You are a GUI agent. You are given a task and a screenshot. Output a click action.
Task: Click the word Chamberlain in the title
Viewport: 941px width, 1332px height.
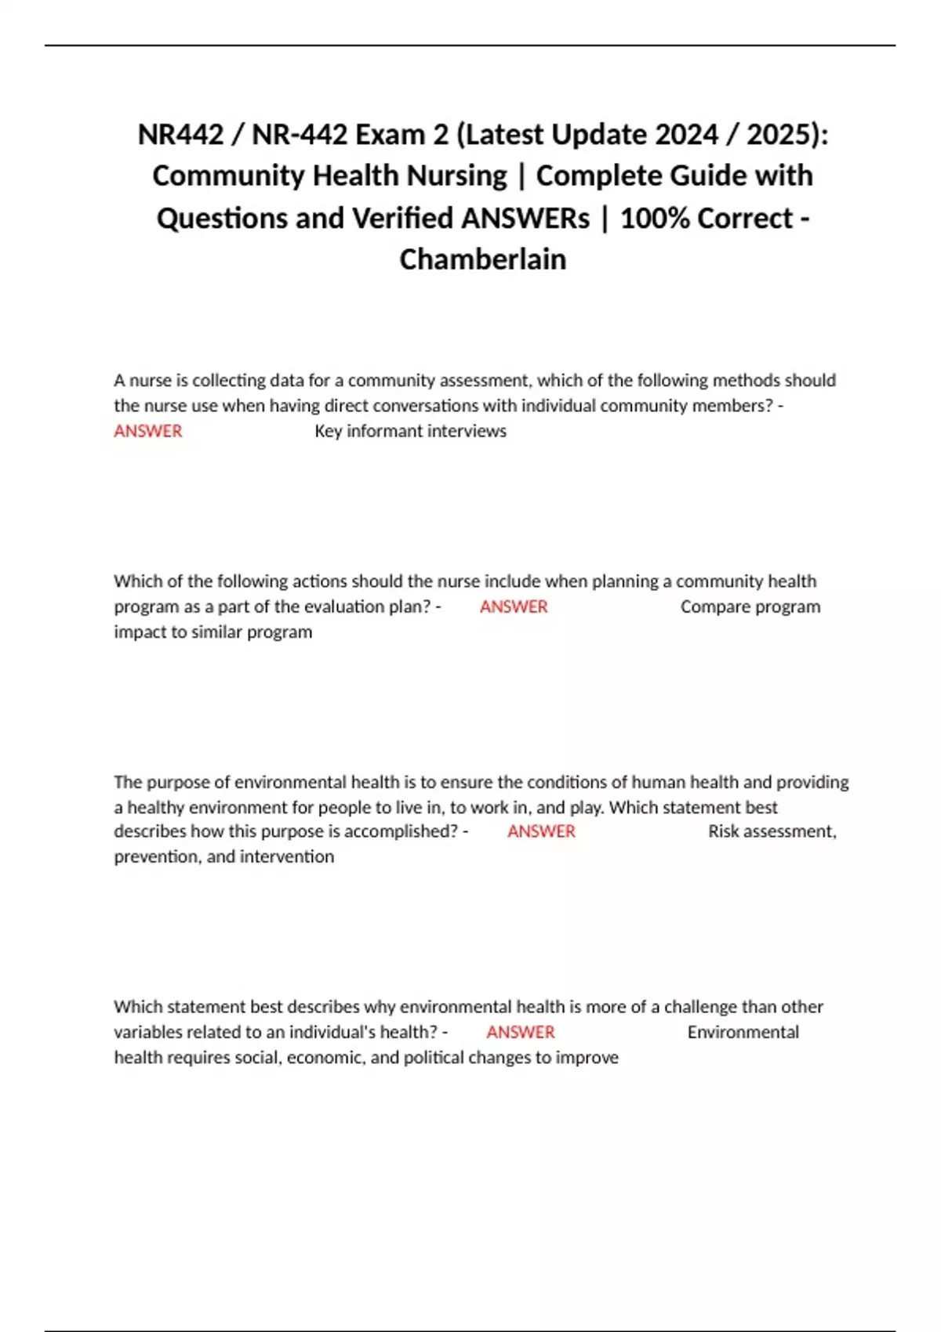pyautogui.click(x=482, y=259)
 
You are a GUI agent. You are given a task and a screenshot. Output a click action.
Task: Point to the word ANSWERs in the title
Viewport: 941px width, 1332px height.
pyautogui.click(x=525, y=218)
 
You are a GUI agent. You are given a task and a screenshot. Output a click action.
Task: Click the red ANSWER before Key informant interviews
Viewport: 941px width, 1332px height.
pyautogui.click(x=147, y=431)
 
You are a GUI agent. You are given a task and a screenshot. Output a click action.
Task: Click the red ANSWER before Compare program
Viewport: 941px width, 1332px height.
pyautogui.click(x=514, y=606)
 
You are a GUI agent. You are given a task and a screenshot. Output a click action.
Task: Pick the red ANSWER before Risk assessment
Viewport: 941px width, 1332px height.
pyautogui.click(x=541, y=831)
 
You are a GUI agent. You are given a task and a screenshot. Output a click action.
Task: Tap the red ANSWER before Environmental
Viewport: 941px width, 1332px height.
pyautogui.click(x=520, y=1032)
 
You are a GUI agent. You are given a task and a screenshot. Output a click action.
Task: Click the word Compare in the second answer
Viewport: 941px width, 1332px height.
pyautogui.click(x=710, y=606)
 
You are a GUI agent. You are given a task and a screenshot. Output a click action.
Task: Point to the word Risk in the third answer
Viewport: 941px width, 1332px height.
pyautogui.click(x=723, y=831)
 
